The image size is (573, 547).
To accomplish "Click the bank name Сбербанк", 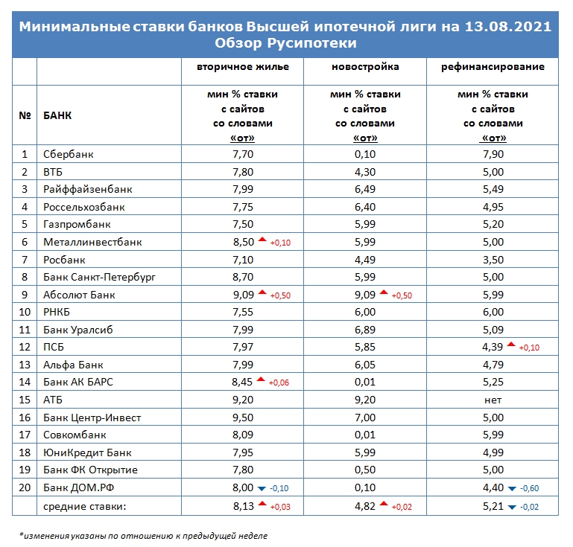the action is click(x=69, y=154).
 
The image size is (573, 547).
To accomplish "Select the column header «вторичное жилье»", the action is click(x=243, y=67).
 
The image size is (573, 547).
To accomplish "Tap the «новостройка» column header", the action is click(x=365, y=67).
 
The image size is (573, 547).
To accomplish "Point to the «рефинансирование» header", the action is click(x=493, y=67).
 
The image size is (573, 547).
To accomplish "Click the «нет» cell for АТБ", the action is click(x=493, y=400).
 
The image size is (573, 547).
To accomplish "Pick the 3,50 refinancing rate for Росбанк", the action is click(x=493, y=260).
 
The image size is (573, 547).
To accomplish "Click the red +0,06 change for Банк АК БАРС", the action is click(x=279, y=383).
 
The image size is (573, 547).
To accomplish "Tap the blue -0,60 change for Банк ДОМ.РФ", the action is click(x=529, y=488).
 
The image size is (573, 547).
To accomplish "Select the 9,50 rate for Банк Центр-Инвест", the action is click(x=243, y=418).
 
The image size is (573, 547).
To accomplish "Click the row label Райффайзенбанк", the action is click(x=88, y=189).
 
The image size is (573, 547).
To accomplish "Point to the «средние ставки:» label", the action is click(x=84, y=507).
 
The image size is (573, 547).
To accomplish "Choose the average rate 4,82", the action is click(x=364, y=507).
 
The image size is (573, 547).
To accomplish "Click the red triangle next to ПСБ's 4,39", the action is click(x=511, y=344).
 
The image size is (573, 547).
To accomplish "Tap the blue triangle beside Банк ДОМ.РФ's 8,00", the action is click(x=262, y=489).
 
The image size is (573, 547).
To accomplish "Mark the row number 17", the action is click(x=25, y=435).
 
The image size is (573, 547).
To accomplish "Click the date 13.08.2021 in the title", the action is click(x=508, y=27).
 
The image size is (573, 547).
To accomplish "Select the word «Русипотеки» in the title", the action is click(x=311, y=43).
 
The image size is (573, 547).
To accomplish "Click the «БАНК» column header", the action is click(x=57, y=115).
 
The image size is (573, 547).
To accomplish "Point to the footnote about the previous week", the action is click(x=143, y=536).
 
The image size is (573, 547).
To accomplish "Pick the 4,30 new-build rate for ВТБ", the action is click(x=364, y=172).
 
